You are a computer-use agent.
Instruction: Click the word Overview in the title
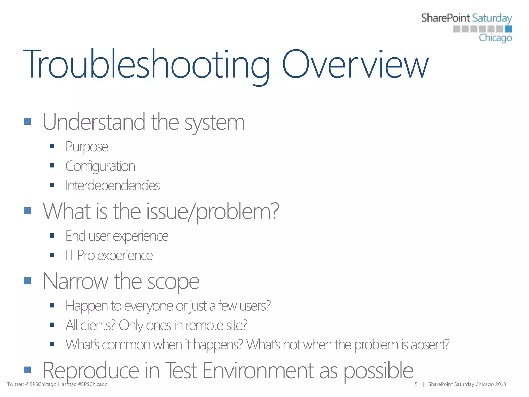(x=355, y=65)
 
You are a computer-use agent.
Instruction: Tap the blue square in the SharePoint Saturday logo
(x=508, y=29)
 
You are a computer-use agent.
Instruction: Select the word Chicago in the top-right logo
(x=495, y=38)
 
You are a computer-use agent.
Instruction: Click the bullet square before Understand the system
(x=27, y=121)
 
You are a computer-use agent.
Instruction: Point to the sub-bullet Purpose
(x=87, y=147)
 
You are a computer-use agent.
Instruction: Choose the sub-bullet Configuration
(x=100, y=166)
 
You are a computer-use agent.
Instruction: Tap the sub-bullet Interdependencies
(x=113, y=186)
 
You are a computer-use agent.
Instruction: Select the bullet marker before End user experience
(x=52, y=235)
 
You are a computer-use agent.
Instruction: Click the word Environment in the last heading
(x=258, y=371)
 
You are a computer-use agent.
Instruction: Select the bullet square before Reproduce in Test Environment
(x=27, y=370)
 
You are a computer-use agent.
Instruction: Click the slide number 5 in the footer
(x=416, y=384)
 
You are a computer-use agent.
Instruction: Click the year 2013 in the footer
(x=500, y=384)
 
